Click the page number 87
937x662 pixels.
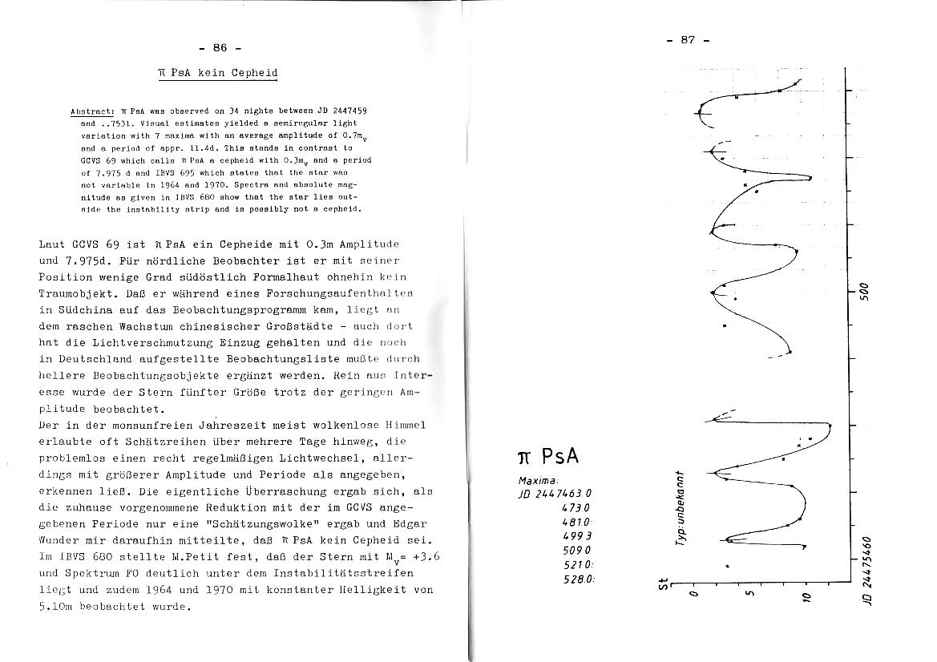coord(688,40)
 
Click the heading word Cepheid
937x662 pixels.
coord(254,73)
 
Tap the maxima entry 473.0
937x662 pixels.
coord(576,507)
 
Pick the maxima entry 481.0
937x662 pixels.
coord(576,522)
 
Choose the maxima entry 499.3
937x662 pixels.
coord(576,536)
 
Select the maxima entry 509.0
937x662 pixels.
coord(576,551)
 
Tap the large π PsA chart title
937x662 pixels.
coord(549,457)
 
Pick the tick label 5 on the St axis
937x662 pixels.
coord(749,595)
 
